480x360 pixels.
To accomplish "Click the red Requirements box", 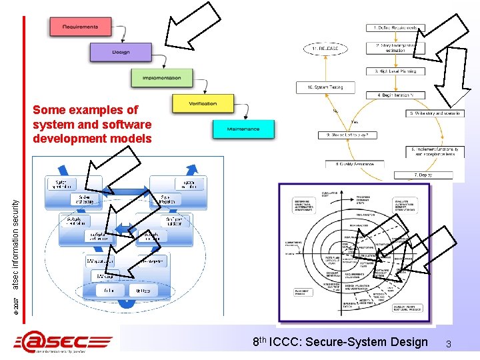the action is pos(79,27).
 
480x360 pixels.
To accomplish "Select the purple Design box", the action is pos(121,52).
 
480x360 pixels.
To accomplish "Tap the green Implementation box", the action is pos(161,78).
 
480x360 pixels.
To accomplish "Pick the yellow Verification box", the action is pos(203,103).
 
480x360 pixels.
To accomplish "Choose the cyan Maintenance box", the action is pos(243,129).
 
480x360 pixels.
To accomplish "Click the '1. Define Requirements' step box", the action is pos(395,28).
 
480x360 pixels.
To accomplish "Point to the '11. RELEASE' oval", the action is pos(325,49).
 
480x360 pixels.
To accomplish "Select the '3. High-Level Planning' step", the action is pos(395,71).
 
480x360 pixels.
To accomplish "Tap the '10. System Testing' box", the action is pos(325,87).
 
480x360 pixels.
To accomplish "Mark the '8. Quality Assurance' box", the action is pos(355,164).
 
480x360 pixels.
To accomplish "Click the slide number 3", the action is pos(449,344).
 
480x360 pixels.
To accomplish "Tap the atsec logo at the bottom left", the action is pos(64,342).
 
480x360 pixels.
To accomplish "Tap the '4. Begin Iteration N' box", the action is pos(395,95).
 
